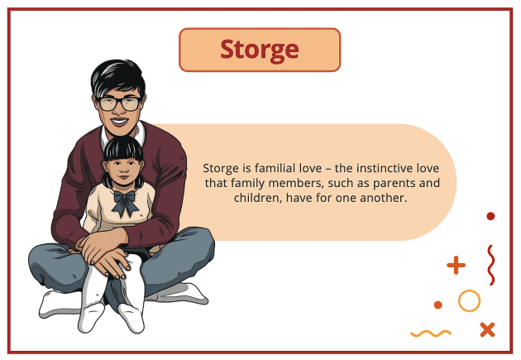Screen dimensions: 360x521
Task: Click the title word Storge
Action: [x=259, y=50]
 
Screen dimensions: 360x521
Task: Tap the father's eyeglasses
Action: [x=119, y=103]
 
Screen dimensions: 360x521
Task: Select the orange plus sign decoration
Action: [x=456, y=266]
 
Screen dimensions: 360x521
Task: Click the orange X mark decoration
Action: [x=487, y=329]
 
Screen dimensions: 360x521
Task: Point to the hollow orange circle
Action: [x=469, y=300]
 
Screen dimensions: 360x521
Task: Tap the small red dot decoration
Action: [x=490, y=216]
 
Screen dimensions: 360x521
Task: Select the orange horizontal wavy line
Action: [x=430, y=334]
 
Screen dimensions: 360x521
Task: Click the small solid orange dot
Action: [x=438, y=305]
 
